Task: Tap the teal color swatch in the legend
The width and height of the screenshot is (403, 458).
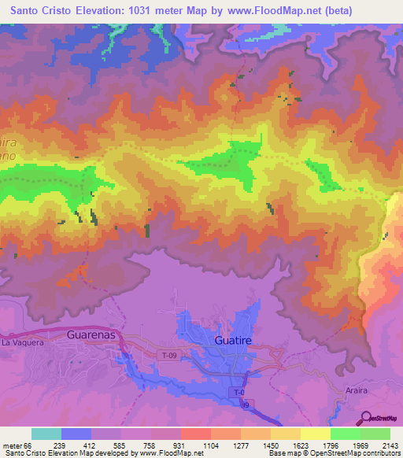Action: pos(46,434)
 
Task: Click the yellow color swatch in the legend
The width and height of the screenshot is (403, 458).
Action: pos(315,434)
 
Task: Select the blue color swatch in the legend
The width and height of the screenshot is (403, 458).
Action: pos(76,434)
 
